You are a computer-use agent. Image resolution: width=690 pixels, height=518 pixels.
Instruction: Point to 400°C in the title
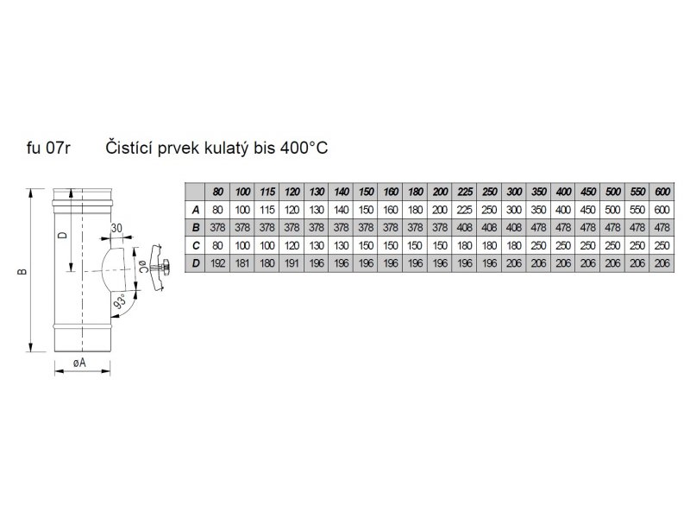click(304, 148)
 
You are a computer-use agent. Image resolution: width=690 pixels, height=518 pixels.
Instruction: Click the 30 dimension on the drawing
click(117, 228)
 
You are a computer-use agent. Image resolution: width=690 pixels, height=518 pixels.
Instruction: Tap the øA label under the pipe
click(79, 363)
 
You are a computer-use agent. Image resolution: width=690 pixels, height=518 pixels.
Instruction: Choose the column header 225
click(465, 191)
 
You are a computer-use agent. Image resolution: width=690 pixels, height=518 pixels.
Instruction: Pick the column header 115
click(267, 191)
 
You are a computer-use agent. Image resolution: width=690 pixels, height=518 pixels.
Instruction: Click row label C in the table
click(197, 244)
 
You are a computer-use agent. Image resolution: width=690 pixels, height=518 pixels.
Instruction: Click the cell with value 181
click(242, 262)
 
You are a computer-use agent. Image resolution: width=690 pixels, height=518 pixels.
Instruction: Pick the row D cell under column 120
click(292, 262)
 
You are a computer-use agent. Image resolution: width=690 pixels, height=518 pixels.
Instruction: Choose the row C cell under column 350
click(540, 244)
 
